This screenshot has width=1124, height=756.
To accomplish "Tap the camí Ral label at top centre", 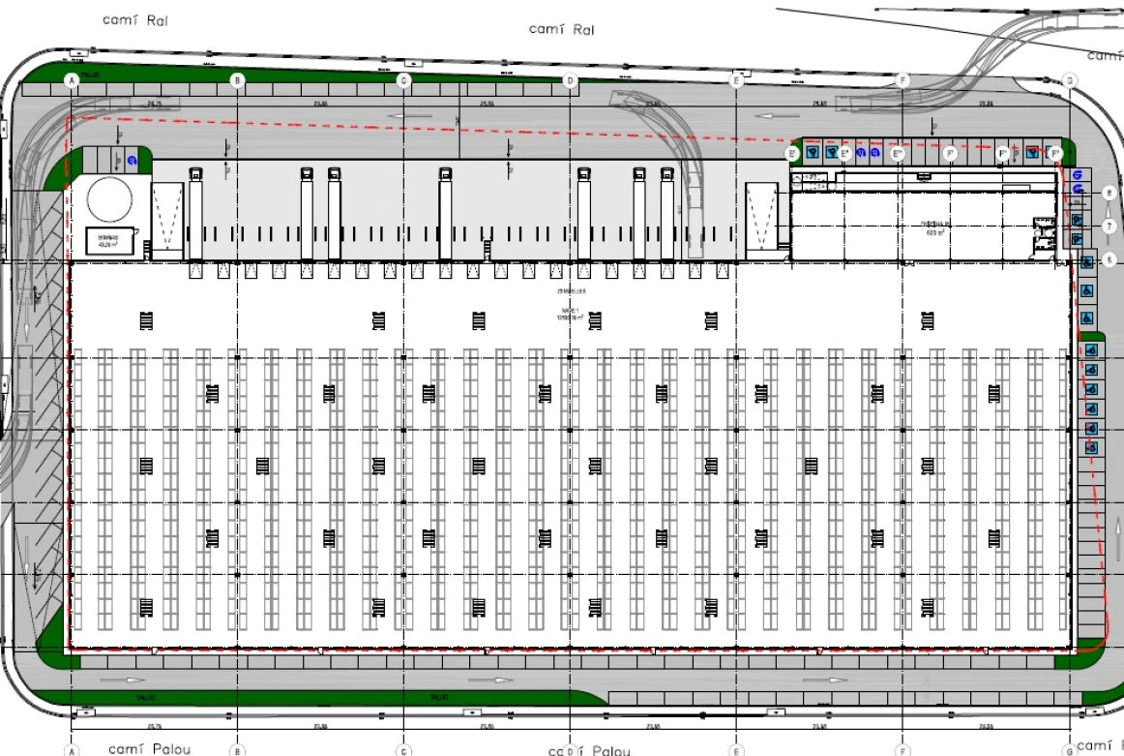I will pos(561,29).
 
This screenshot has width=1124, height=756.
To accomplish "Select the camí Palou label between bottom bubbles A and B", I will pos(150,748).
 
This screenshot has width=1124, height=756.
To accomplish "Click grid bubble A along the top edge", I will pos(71,80).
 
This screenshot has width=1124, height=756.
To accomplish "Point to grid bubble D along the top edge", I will pos(570,80).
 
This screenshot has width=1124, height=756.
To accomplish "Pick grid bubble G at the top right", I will pos(1070,80).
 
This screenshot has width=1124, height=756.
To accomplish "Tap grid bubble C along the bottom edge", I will pos(404,750).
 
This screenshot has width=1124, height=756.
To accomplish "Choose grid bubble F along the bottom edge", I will pos(902,750).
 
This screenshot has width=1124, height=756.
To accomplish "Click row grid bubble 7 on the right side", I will pos(1109,226).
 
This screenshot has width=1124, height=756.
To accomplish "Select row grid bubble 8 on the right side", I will pos(1109,194).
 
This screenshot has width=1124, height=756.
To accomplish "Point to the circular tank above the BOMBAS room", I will pos(109,199).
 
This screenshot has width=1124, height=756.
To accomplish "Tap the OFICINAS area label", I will pos(934,227).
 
